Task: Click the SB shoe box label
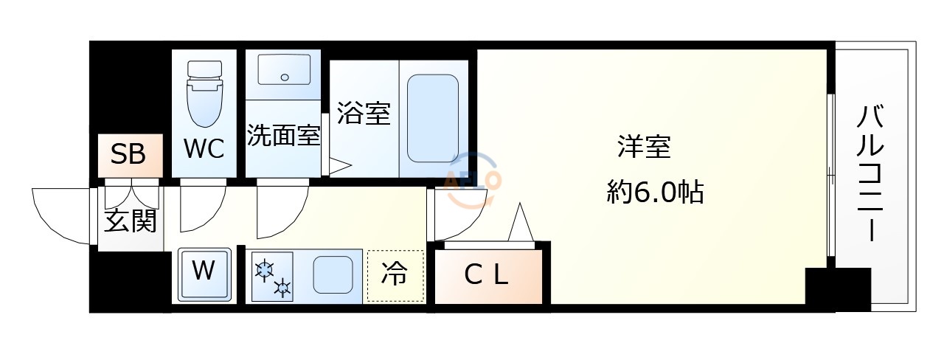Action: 128,155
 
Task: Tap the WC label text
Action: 204,149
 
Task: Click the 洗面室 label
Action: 282,136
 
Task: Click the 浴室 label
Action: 364,114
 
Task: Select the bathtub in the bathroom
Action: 433,118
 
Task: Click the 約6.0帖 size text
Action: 655,193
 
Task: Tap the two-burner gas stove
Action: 272,277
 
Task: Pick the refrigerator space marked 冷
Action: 395,276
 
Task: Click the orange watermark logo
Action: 472,177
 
